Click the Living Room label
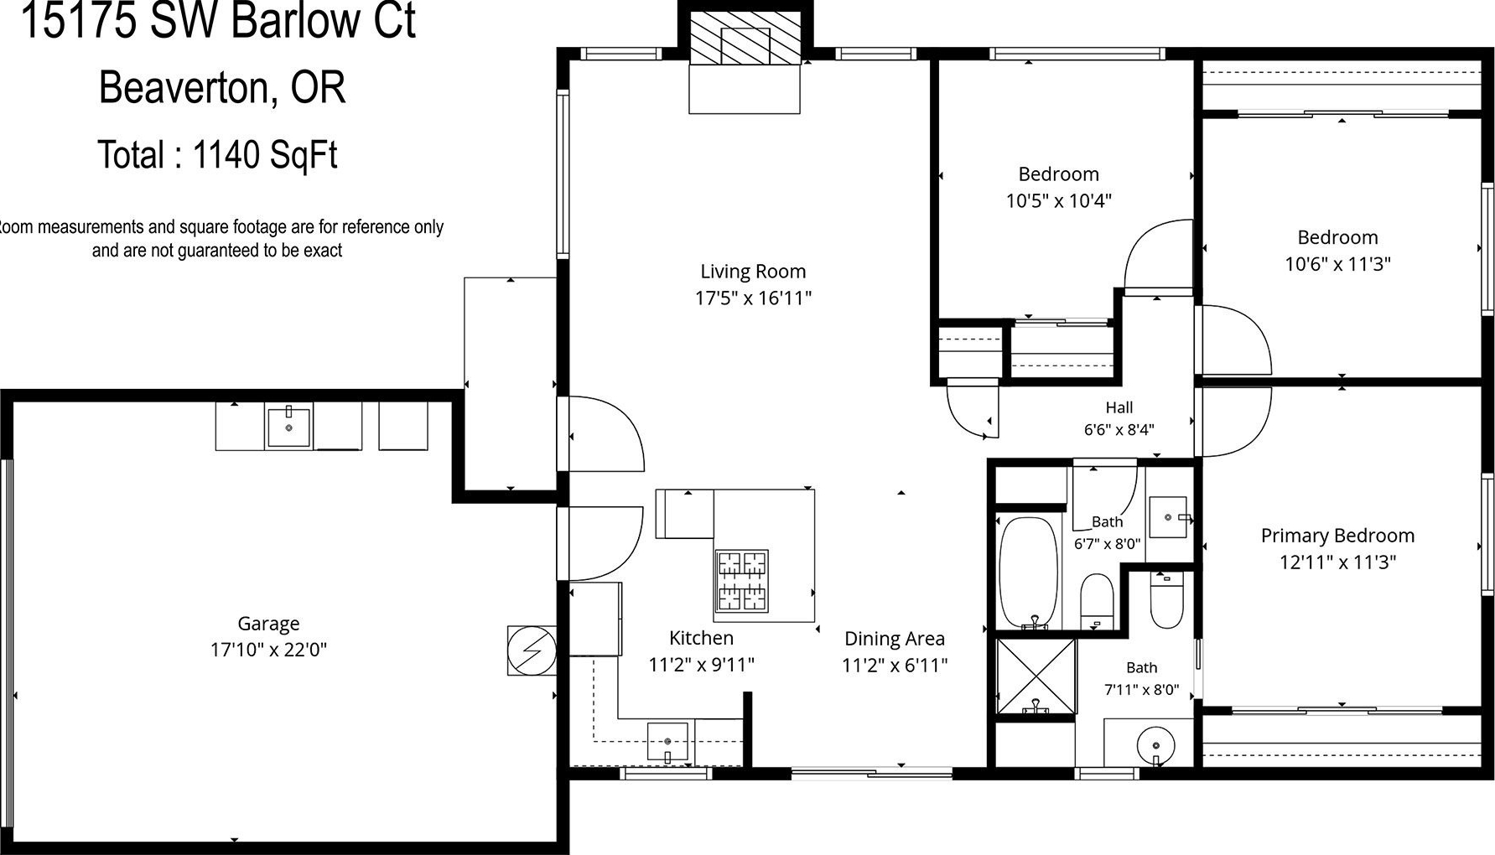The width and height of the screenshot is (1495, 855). pos(753,272)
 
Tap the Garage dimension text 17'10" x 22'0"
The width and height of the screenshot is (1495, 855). pos(268,650)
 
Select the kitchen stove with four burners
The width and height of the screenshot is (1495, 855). pos(742,580)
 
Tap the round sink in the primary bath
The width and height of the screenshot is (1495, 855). pos(1155,744)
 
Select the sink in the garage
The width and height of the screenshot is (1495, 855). pos(288,427)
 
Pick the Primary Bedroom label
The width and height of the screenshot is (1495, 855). pos(1337,536)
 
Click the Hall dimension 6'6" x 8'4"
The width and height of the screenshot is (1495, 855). pos(1119,430)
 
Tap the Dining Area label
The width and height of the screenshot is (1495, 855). pos(895,639)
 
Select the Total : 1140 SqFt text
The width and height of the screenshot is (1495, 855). pos(218,155)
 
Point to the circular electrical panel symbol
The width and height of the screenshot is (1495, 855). pos(532,650)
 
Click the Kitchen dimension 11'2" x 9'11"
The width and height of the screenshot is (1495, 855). pos(702,665)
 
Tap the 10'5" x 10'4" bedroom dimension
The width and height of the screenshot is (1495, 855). pos(1059,201)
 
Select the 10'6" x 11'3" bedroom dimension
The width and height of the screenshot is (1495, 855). pos(1338,264)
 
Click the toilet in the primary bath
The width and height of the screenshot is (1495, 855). pos(1166,600)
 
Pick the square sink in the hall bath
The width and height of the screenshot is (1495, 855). pos(1167,517)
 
